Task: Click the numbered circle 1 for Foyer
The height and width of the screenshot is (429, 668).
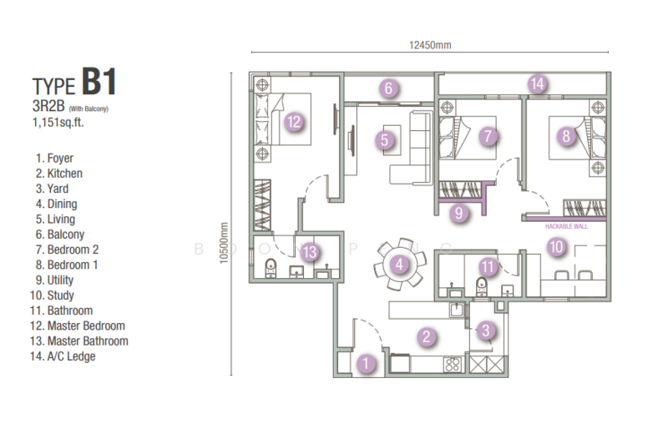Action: coord(365,363)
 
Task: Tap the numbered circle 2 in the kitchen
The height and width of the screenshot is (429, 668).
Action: coord(426,337)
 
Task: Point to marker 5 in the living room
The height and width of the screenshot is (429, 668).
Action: coord(385,140)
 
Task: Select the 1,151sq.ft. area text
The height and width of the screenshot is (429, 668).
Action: coord(61,122)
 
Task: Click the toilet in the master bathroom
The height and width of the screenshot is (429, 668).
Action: coord(269,269)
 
